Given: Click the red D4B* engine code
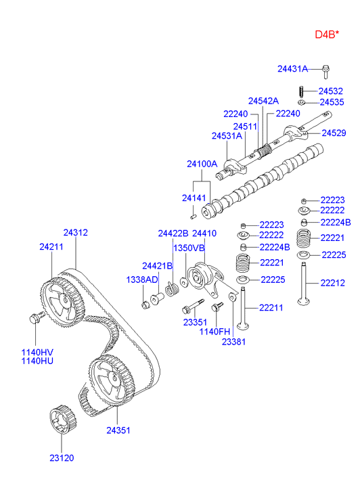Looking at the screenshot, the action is pyautogui.click(x=327, y=35).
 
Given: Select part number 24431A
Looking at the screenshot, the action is pyautogui.click(x=292, y=69).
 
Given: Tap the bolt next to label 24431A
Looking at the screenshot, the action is pyautogui.click(x=325, y=72).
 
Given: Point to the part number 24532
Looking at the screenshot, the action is pyautogui.click(x=330, y=91).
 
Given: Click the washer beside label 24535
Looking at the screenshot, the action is pyautogui.click(x=302, y=102).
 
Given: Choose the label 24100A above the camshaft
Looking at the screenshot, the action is pyautogui.click(x=202, y=164).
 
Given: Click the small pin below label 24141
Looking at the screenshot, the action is pyautogui.click(x=194, y=217).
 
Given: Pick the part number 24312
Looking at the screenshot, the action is pyautogui.click(x=75, y=233).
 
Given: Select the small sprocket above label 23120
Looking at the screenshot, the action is pyautogui.click(x=62, y=420).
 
